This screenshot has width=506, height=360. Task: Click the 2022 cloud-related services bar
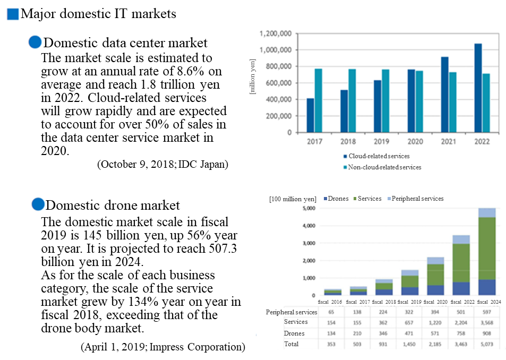pos(478,88)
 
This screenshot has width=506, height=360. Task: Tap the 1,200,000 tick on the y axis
pos(276,33)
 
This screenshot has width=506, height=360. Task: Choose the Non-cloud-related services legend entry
pos(381,167)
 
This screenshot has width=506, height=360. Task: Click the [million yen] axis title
pos(253,78)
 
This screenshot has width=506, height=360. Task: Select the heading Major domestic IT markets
pos(98,14)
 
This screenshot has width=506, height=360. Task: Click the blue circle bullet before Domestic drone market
pos(38,204)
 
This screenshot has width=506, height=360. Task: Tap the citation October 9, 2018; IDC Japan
pos(162,164)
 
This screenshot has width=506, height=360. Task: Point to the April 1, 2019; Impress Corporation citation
pos(162,347)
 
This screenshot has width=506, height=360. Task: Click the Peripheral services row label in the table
pos(291,312)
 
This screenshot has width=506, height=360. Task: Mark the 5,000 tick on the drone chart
pos(308,208)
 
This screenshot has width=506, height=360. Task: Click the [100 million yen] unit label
pos(293,199)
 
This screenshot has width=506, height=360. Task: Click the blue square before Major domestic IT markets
pos(13,14)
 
